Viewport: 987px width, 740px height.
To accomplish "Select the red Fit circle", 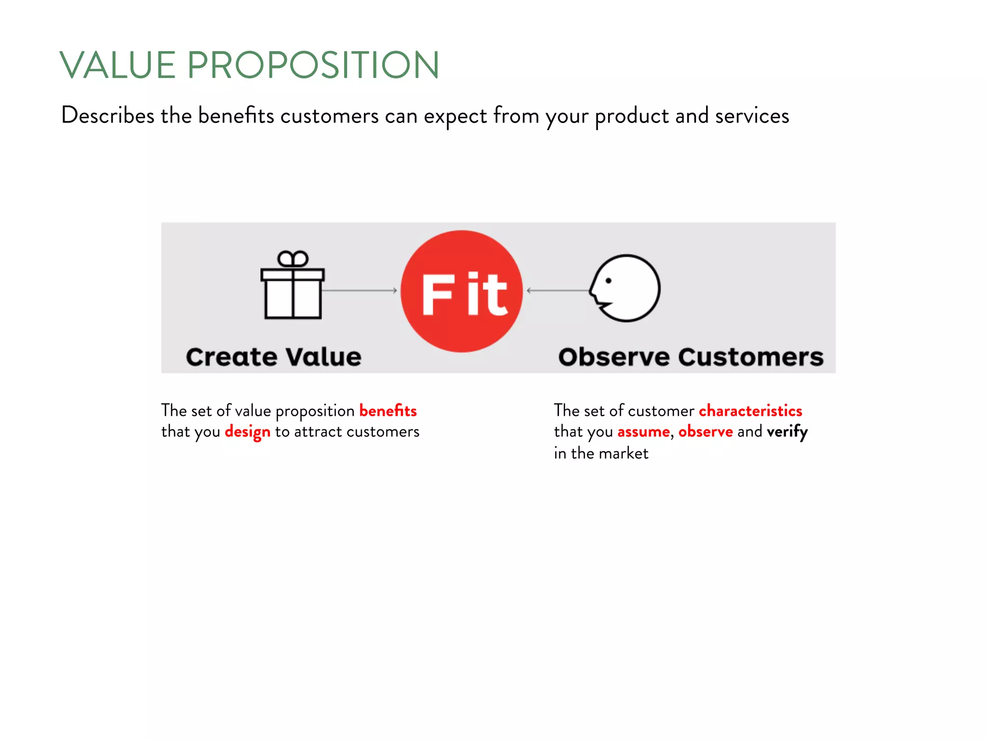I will (x=462, y=291).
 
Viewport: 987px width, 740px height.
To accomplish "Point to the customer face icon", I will (x=626, y=288).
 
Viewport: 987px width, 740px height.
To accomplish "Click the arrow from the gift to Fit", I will (x=360, y=291).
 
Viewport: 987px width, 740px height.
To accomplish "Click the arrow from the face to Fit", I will (x=558, y=291).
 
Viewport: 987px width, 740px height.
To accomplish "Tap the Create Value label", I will (x=274, y=357).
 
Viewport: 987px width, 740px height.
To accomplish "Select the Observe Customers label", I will (x=691, y=357).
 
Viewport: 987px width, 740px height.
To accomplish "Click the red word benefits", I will (x=388, y=411).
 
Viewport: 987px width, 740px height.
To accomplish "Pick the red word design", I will (x=248, y=432).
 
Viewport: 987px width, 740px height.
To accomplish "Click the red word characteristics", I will (x=750, y=411).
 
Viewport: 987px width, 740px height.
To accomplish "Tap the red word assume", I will (x=643, y=432).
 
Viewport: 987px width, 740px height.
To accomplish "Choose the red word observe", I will (x=706, y=432).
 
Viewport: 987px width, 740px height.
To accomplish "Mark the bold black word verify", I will (x=787, y=432).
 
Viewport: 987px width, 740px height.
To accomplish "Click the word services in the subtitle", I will (x=752, y=116).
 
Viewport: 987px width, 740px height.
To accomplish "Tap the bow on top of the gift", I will (x=293, y=259).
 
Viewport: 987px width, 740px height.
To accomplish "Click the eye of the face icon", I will (x=609, y=280).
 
